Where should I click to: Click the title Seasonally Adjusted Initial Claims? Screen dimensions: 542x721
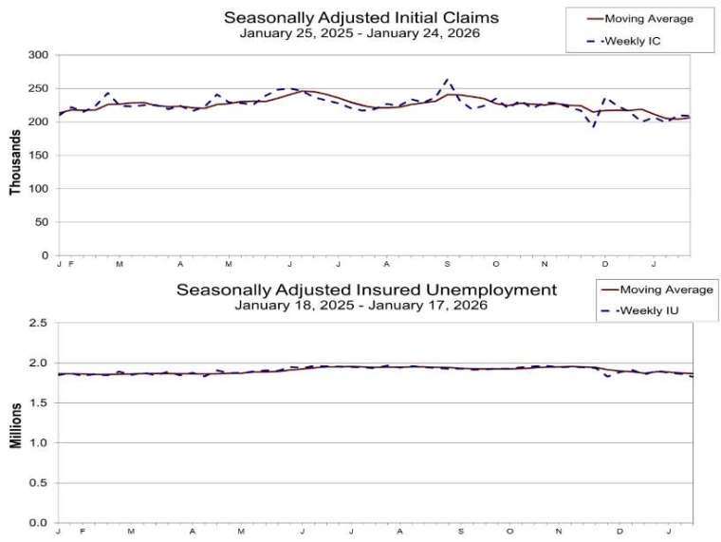point(360,17)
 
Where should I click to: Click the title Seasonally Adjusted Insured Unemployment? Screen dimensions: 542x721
point(365,289)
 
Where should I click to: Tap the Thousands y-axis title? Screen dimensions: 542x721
point(15,157)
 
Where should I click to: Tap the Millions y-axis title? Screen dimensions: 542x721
point(15,423)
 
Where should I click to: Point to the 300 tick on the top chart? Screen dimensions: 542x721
point(38,55)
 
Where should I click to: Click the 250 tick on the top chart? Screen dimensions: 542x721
point(38,88)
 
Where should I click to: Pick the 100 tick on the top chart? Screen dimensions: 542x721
point(38,189)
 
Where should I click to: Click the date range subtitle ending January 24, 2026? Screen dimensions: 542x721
point(360,33)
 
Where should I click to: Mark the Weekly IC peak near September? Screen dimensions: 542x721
point(448,80)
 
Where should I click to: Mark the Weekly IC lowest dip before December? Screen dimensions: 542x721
point(595,127)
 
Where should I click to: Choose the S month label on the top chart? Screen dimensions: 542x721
point(446,263)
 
